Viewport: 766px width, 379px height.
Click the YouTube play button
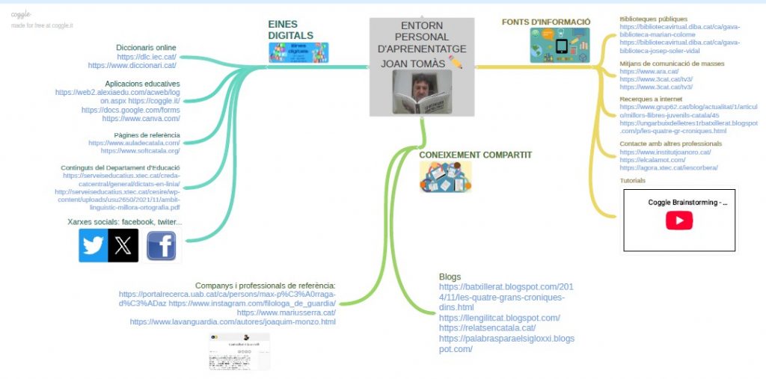click(x=679, y=221)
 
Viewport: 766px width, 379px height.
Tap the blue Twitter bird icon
click(x=93, y=245)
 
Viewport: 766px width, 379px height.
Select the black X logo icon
click(x=123, y=245)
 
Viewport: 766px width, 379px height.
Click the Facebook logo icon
click(x=161, y=245)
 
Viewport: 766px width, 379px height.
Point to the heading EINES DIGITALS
click(x=290, y=30)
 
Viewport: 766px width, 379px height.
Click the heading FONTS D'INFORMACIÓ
click(x=546, y=22)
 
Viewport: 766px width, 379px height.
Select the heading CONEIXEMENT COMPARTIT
click(x=475, y=155)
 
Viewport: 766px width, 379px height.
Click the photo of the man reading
click(x=422, y=93)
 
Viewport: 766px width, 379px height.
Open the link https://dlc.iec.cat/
click(x=147, y=57)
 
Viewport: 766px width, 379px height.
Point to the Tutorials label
click(x=632, y=180)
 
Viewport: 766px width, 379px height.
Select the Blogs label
click(x=450, y=277)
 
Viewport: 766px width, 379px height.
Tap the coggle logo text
click(x=21, y=14)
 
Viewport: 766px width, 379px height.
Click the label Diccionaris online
click(x=146, y=48)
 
